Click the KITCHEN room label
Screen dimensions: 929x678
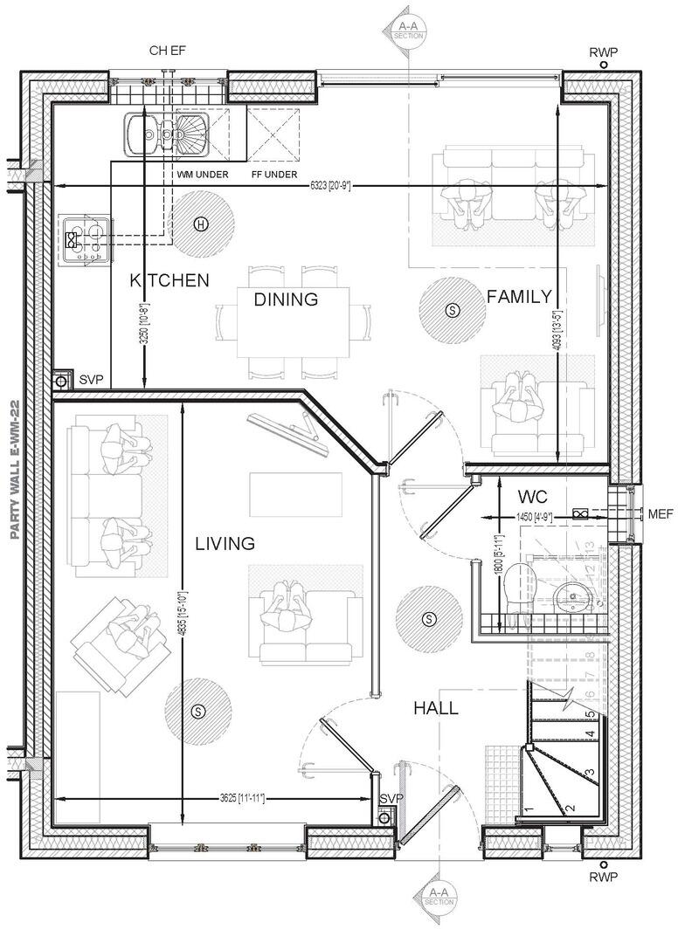point(169,280)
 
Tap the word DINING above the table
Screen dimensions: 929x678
point(285,299)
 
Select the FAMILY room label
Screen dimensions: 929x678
point(519,296)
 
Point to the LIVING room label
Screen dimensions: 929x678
point(225,544)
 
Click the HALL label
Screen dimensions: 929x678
point(435,709)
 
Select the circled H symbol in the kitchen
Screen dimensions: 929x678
point(202,224)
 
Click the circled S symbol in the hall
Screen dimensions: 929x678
point(428,619)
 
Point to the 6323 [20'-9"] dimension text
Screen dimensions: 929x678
point(329,185)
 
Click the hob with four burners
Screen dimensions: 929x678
point(86,239)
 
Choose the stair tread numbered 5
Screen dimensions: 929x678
point(590,714)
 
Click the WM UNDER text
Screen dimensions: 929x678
point(203,175)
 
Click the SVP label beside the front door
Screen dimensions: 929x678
point(390,799)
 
